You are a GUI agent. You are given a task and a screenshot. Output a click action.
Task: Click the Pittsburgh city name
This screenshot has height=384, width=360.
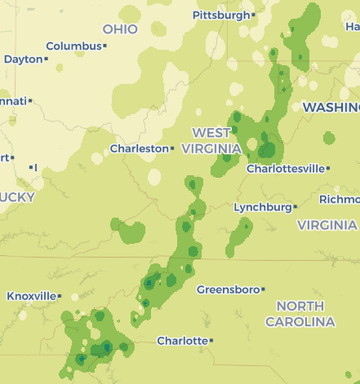[220, 15]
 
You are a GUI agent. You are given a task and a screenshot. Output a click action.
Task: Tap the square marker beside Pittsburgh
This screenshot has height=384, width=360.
[254, 15]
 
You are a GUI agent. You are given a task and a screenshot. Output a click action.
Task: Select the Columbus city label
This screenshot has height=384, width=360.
[73, 46]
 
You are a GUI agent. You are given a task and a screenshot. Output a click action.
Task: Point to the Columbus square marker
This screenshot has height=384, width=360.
[105, 46]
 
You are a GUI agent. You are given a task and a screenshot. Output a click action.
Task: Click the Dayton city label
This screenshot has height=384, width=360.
[23, 59]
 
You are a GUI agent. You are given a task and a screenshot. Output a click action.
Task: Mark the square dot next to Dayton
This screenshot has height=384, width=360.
[47, 59]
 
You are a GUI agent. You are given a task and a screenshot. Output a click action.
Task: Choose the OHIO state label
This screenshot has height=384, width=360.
[120, 29]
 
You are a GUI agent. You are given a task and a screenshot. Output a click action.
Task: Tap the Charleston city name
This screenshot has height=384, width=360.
[139, 149]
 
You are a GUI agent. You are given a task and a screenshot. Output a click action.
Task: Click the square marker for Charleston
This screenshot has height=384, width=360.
[172, 148]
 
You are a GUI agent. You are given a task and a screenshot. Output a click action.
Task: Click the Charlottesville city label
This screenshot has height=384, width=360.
[285, 169]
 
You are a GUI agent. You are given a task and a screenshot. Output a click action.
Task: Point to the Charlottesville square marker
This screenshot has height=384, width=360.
[328, 169]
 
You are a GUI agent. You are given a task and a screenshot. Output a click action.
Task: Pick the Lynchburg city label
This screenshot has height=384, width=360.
[262, 207]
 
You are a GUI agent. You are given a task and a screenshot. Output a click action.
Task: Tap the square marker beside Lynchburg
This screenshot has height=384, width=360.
[295, 207]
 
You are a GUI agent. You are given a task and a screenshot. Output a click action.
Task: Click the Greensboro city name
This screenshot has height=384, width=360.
[228, 289]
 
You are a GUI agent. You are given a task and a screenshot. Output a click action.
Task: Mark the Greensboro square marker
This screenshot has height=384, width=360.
[264, 289]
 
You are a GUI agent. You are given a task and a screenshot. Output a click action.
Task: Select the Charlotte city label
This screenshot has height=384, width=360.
[181, 341]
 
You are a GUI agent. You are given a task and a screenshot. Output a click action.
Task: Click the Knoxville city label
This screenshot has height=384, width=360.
[31, 296]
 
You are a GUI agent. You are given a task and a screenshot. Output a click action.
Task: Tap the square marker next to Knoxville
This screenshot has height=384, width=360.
[60, 296]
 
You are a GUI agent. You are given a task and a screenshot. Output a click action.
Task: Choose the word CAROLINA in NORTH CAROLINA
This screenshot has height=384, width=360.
[300, 321]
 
